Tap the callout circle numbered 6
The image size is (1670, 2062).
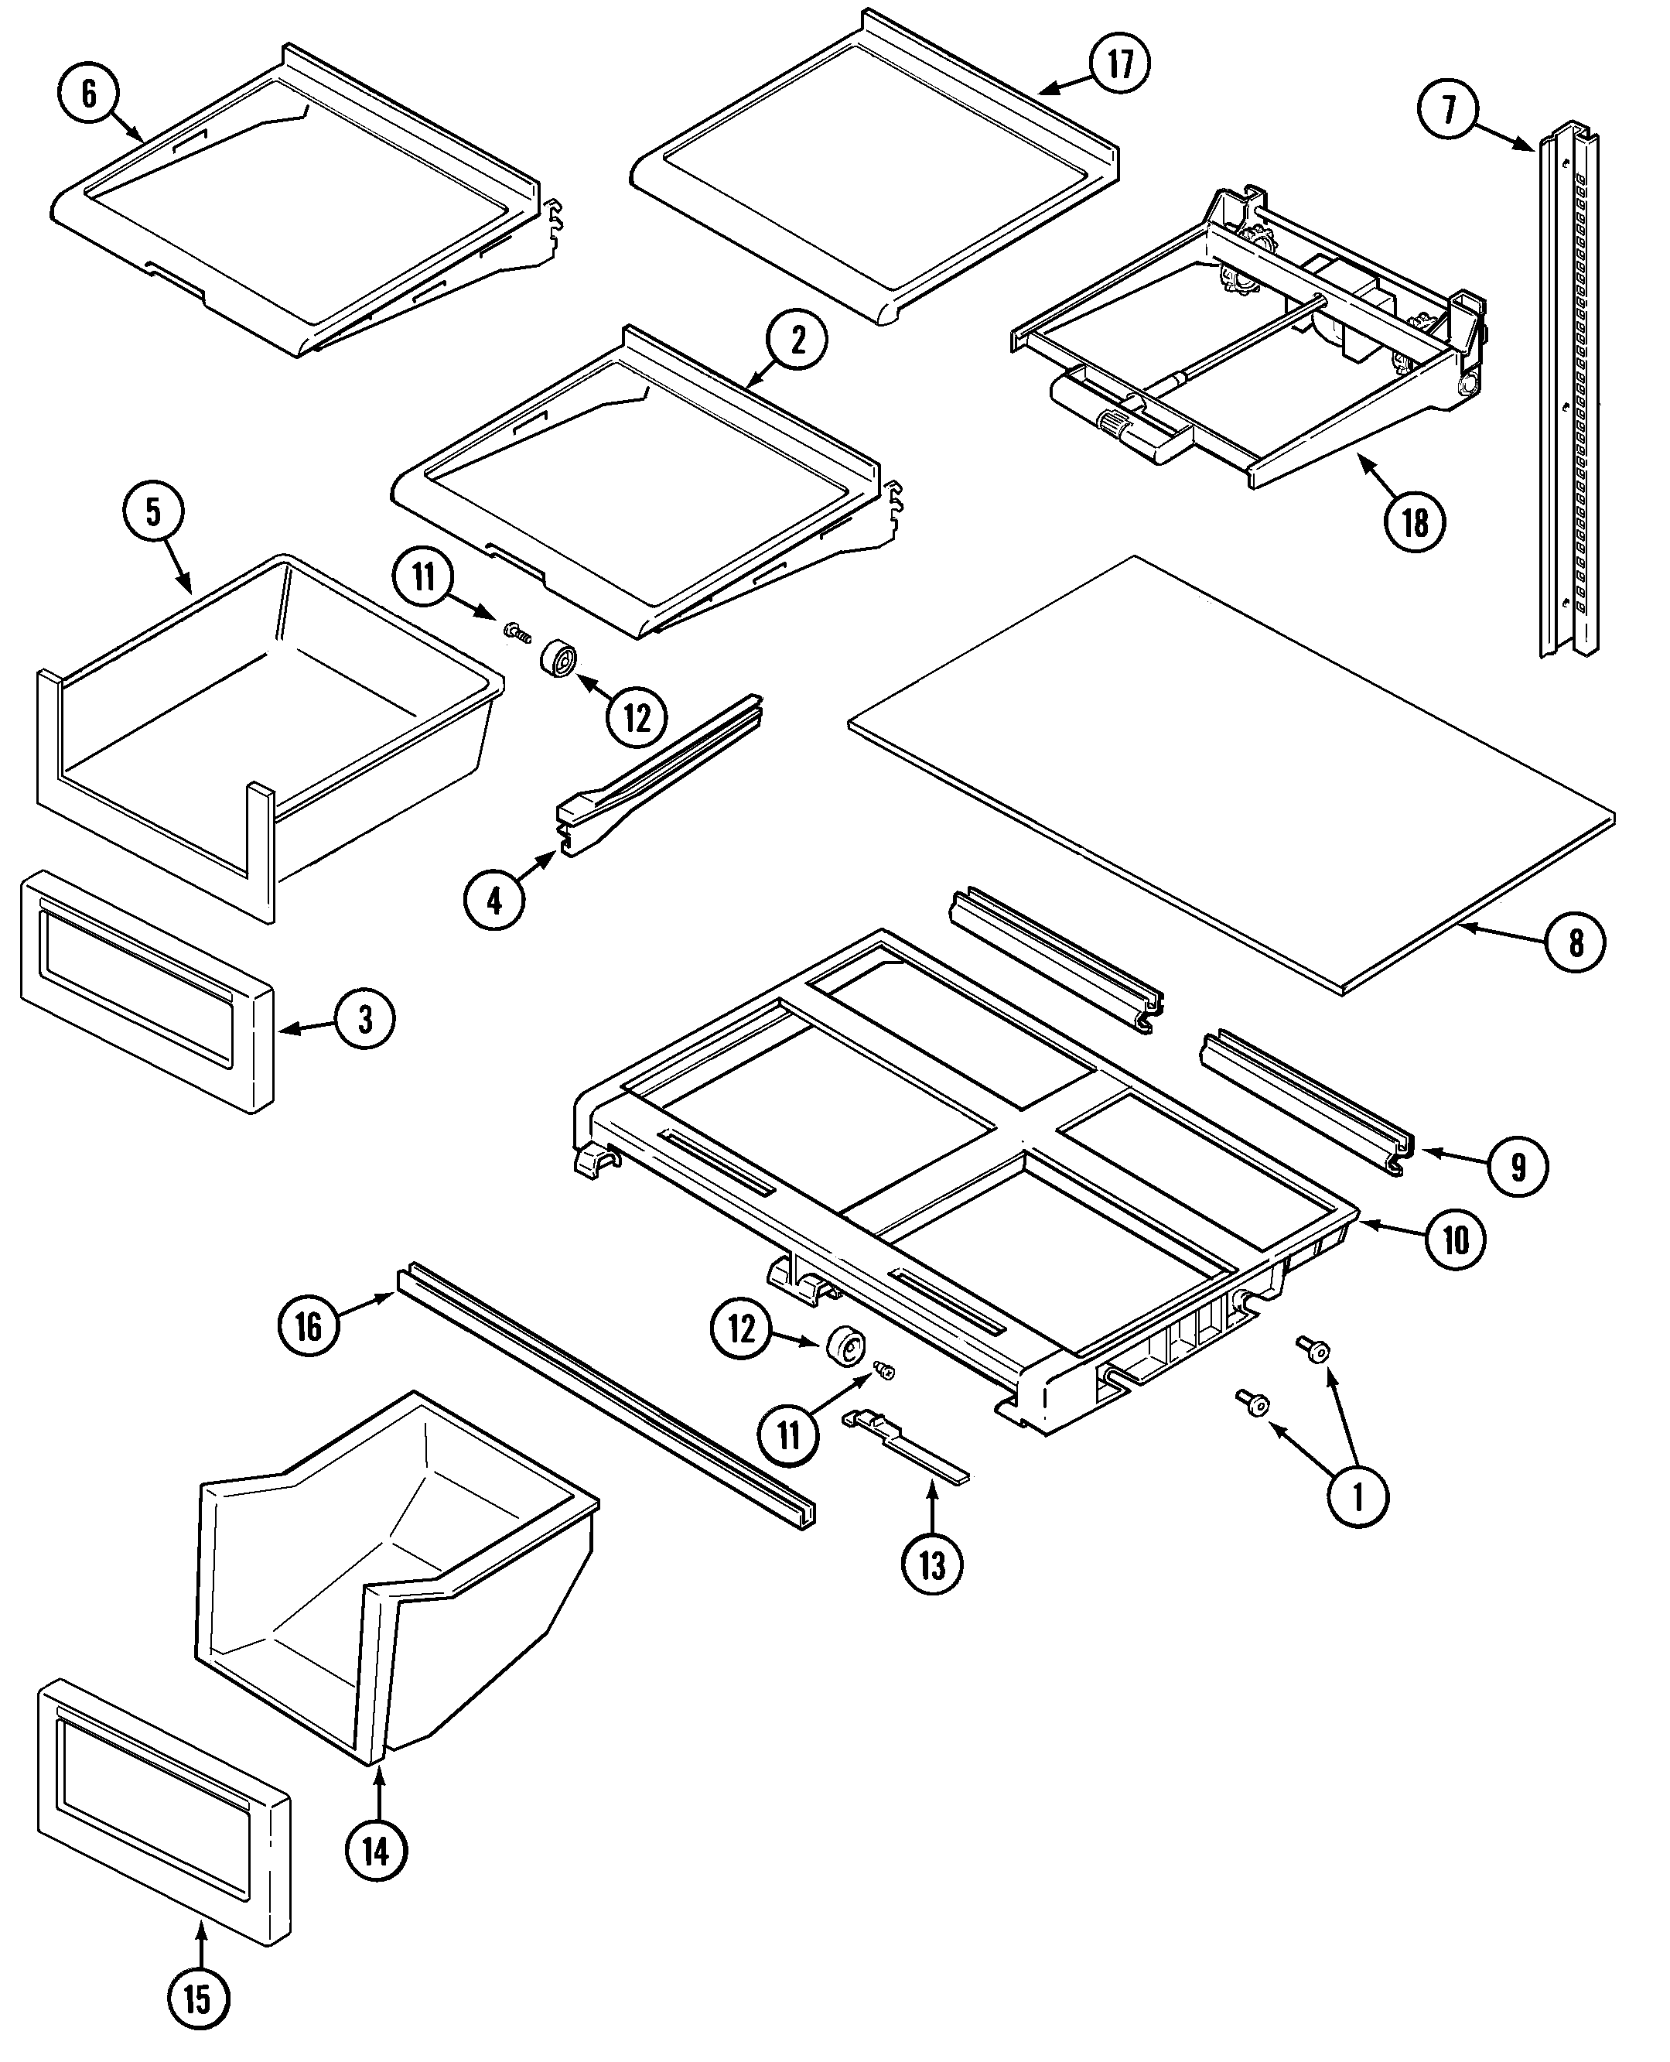pos(88,94)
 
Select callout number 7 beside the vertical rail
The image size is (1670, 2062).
pos(1449,109)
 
